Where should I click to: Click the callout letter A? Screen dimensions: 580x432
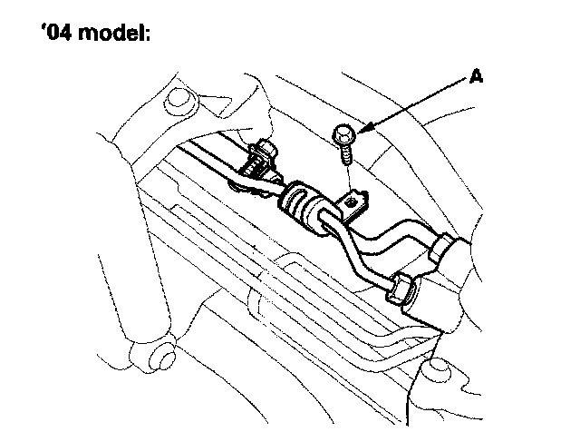tap(475, 77)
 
